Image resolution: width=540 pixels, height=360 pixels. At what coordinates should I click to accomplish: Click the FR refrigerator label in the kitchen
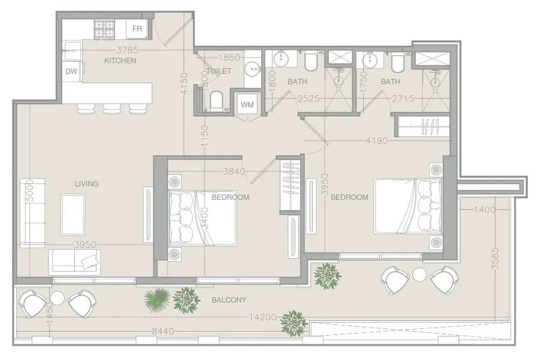point(137,28)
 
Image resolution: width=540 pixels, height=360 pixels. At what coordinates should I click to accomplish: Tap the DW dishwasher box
point(71,71)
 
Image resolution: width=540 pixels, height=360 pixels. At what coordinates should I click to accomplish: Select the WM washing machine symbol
point(246,104)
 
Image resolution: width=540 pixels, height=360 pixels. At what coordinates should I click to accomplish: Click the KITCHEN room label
point(120,61)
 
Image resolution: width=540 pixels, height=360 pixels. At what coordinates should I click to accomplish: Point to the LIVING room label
point(87,184)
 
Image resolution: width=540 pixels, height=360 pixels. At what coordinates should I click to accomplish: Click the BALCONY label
point(229,300)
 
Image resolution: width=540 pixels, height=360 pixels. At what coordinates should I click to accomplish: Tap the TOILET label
point(219,71)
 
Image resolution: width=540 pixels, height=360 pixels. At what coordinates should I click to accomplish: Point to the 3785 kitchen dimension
point(127,49)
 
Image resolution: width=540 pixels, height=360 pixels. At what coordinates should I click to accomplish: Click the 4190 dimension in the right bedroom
point(377,141)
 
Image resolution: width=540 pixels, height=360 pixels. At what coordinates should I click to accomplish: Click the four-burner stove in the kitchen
point(105,28)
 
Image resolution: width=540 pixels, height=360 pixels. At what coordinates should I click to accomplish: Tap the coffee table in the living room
point(73,214)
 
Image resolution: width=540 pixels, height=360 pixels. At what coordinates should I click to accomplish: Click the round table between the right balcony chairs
point(420,274)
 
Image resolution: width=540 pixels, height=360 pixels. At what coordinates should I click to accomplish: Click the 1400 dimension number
point(485,210)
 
